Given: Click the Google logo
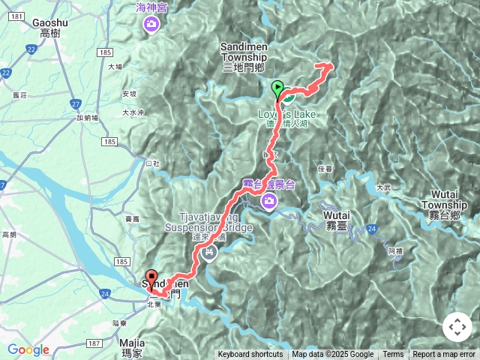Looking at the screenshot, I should pos(28,349).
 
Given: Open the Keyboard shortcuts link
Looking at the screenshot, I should pos(250,355).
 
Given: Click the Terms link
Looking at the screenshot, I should pos(393,355).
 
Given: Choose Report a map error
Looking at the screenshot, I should pos(444,355).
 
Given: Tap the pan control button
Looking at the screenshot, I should pos(457,327).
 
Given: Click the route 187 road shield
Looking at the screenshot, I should pos(93,343).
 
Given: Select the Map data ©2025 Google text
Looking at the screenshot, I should pos(333,355).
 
